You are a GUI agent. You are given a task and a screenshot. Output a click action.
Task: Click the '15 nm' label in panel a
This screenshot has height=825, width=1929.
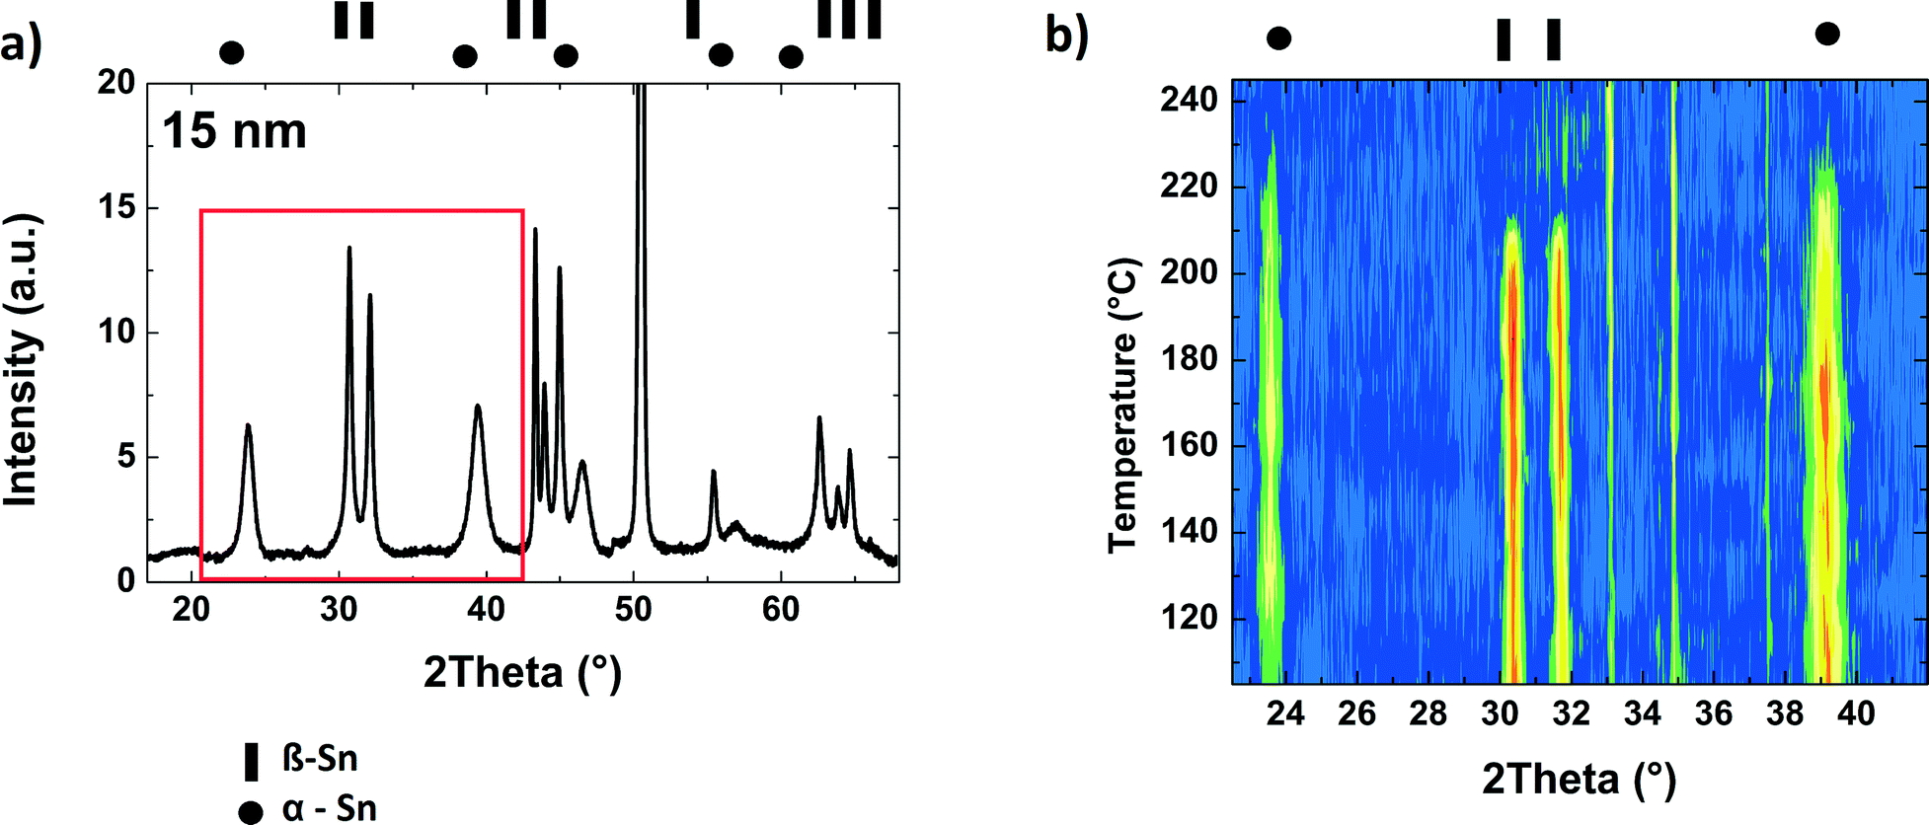click(234, 131)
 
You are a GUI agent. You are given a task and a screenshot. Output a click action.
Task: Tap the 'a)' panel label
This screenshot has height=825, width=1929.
click(21, 44)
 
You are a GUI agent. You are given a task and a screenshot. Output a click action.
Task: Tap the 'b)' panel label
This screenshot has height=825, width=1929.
click(1066, 36)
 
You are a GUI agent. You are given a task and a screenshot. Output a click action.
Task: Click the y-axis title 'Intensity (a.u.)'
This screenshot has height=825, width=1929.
click(22, 360)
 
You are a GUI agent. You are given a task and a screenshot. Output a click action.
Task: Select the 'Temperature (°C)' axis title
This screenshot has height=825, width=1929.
click(1123, 406)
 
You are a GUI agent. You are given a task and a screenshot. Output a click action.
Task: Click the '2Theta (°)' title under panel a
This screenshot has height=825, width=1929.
click(522, 672)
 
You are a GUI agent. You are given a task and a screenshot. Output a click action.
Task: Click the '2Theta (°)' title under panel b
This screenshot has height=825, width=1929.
click(1579, 779)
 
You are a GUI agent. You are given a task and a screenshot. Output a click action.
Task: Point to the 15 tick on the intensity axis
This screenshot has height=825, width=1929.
click(116, 207)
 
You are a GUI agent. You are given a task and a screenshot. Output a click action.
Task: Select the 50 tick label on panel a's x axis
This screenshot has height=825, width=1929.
click(633, 609)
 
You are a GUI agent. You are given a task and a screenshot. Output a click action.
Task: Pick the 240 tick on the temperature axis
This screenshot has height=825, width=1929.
click(1189, 99)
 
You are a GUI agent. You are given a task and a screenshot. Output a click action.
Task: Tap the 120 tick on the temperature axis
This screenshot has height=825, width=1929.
click(1189, 618)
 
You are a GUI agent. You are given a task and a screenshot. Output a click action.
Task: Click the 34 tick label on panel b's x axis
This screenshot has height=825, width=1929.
click(1642, 712)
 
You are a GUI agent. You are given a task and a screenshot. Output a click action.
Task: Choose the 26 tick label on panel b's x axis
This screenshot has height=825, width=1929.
click(1356, 712)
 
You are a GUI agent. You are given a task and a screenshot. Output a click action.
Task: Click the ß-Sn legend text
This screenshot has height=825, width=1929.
click(320, 758)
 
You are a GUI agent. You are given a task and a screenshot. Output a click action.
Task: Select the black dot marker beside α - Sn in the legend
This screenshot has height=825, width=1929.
click(251, 812)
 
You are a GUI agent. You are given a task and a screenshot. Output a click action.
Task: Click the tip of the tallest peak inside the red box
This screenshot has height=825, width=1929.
click(348, 249)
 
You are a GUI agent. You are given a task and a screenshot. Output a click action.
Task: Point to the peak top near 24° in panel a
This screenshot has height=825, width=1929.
click(248, 426)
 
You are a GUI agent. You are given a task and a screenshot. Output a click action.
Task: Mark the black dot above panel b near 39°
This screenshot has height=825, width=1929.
click(1827, 35)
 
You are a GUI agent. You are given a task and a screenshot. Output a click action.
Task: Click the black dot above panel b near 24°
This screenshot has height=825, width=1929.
click(1278, 38)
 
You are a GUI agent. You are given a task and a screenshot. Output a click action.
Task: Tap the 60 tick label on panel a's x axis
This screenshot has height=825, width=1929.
click(780, 609)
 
